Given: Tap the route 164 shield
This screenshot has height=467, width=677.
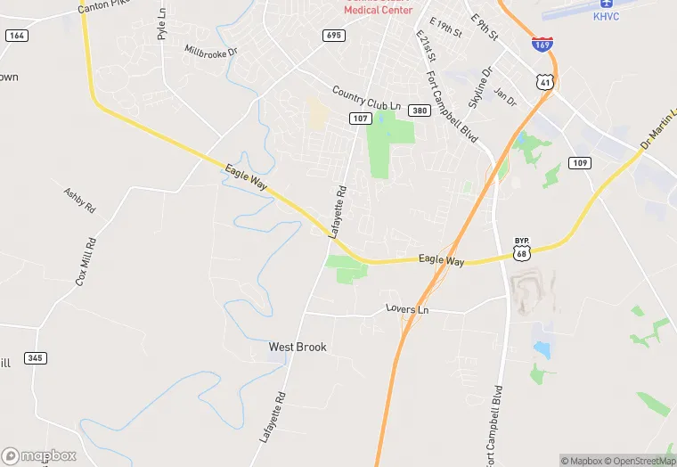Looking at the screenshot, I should click(x=15, y=36).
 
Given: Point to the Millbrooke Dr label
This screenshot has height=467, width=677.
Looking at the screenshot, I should click(x=211, y=52).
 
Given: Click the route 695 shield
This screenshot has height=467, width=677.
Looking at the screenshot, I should click(x=334, y=36).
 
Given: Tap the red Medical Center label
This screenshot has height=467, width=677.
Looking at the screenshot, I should click(x=379, y=9).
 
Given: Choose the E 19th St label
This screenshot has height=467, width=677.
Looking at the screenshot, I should click(x=445, y=28).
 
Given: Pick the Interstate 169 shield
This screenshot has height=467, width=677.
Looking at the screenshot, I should click(x=542, y=43).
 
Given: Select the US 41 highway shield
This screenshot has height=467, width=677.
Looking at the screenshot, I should click(x=543, y=82).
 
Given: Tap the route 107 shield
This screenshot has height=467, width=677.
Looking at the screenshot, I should click(x=360, y=119).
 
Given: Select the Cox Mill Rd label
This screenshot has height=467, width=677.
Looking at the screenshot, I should click(x=86, y=261).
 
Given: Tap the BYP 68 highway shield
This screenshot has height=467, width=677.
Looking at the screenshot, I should click(x=522, y=250).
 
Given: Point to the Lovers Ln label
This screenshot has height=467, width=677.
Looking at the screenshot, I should click(x=407, y=309).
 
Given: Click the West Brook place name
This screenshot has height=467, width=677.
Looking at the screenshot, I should click(x=298, y=347).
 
